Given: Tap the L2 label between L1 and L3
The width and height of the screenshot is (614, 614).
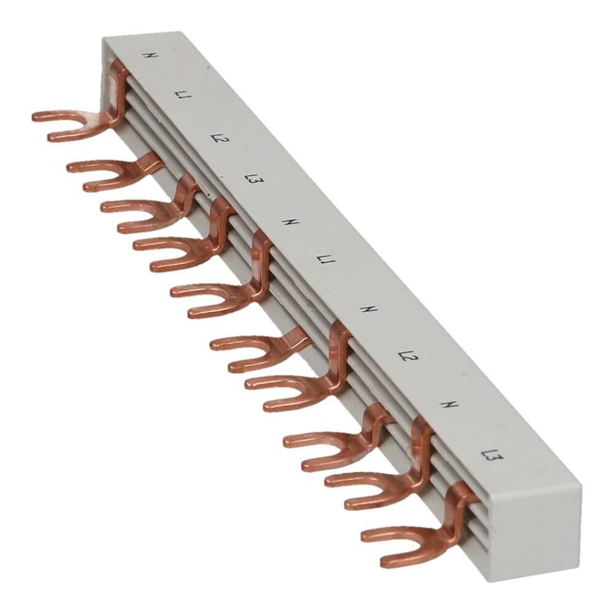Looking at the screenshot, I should tap(216, 138).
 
